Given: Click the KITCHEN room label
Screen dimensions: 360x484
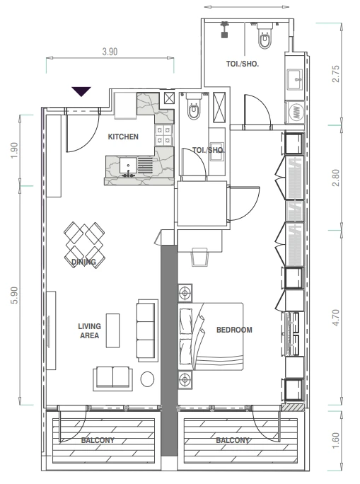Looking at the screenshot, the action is coord(123,137).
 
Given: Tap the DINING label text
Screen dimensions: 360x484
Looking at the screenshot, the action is coord(83,262).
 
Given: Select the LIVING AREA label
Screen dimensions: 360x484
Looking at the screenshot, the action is coord(89,330).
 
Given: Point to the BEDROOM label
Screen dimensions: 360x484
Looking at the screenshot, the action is coord(234,330).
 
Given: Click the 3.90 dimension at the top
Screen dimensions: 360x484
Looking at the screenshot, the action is coord(110,52).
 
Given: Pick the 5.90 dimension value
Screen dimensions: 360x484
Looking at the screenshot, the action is coord(15,295).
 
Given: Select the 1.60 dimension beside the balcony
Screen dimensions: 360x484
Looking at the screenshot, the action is coord(336,441).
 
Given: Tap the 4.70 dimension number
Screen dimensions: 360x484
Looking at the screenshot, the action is coord(336,318).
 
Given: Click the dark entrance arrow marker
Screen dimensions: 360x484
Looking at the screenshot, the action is coord(81,91).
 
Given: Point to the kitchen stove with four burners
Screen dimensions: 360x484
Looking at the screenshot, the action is coord(163,135).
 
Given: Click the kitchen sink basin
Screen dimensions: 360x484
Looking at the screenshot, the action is coord(128,166).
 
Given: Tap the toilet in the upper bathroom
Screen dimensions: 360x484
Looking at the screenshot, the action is coord(265,37).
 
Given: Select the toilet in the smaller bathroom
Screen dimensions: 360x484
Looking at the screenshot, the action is coord(194,106).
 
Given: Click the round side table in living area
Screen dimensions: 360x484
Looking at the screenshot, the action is coord(147,379).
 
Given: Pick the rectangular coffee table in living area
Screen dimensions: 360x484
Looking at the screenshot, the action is coord(113,330).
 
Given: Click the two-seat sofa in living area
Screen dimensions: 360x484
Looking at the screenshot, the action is coord(113,378).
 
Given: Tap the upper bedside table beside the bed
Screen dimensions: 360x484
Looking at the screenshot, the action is coord(185,292).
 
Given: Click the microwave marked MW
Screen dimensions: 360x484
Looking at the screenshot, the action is coord(295,113).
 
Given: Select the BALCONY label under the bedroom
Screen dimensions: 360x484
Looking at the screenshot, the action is coord(233,440).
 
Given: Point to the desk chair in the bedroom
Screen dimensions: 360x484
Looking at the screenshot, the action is coord(199,256).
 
